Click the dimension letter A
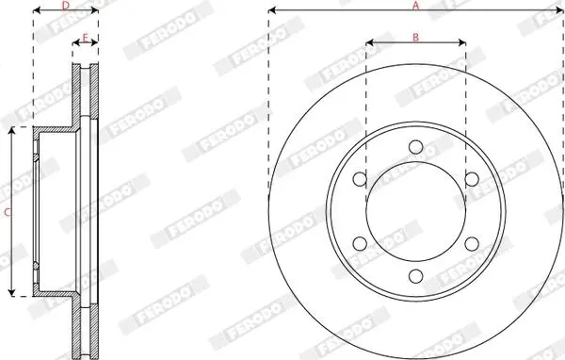(x=416, y=6)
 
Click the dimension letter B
(x=415, y=37)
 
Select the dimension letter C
(x=8, y=212)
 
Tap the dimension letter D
(x=66, y=6)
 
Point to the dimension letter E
(x=86, y=38)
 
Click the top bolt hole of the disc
(x=416, y=147)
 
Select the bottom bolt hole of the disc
(x=416, y=276)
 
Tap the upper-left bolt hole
(x=360, y=179)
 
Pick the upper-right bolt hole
(x=472, y=179)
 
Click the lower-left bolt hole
(x=360, y=243)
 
